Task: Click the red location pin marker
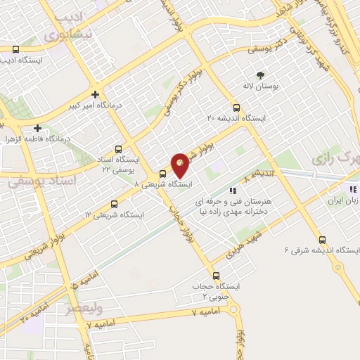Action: tap(180, 165)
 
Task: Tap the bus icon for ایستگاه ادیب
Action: tap(15, 49)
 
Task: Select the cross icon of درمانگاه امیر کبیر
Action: tap(95, 94)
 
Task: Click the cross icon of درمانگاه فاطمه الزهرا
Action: tap(37, 129)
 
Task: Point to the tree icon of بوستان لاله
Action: tap(261, 74)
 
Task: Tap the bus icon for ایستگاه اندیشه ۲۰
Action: tap(236, 108)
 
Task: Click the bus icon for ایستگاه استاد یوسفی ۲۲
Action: tap(118, 149)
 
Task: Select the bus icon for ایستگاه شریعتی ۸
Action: tap(162, 174)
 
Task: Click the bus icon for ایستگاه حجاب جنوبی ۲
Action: tap(216, 276)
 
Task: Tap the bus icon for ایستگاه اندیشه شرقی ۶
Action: tap(322, 240)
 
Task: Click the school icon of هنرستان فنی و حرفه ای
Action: tap(232, 190)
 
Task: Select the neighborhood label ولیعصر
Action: tap(85, 309)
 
